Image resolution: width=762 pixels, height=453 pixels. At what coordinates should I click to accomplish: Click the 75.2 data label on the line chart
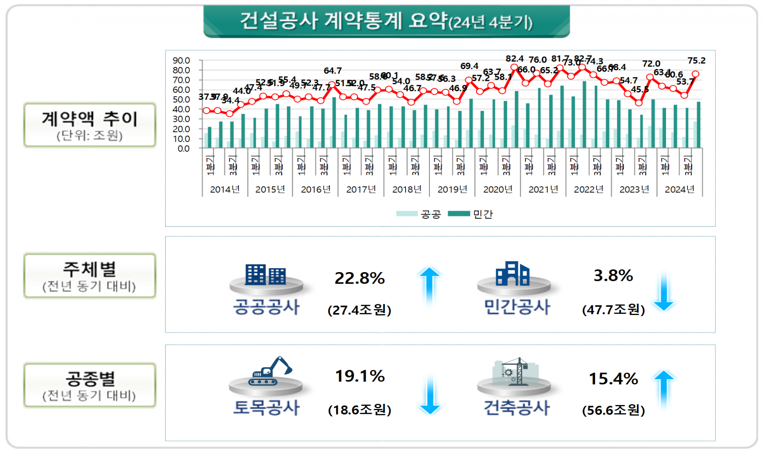(x=696, y=60)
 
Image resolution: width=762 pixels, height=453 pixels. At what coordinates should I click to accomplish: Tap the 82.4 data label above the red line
(x=514, y=59)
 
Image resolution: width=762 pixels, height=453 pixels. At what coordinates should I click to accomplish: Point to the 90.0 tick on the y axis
(x=181, y=60)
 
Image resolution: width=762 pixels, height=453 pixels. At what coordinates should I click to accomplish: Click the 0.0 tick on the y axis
(x=183, y=149)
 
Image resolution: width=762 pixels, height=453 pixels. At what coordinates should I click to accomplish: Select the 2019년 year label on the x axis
(x=452, y=189)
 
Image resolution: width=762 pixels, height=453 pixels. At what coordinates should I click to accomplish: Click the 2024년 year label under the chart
(x=679, y=189)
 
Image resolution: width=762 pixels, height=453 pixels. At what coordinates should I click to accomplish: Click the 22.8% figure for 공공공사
(x=360, y=278)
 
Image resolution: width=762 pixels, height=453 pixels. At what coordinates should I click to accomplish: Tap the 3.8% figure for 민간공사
(x=613, y=275)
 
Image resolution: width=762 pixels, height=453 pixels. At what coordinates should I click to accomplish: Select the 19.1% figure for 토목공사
(x=360, y=376)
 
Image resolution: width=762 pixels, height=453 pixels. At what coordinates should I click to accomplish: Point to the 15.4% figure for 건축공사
(x=613, y=378)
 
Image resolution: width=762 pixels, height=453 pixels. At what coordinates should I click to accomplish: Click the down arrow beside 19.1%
(x=429, y=395)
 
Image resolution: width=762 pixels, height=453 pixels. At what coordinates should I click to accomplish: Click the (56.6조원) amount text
(x=613, y=410)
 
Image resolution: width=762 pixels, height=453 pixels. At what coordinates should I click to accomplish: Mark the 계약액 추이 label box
(x=90, y=125)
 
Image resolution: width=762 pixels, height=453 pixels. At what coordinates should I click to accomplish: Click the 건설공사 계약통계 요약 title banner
(x=386, y=21)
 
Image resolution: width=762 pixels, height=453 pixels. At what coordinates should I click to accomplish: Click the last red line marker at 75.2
(x=695, y=74)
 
